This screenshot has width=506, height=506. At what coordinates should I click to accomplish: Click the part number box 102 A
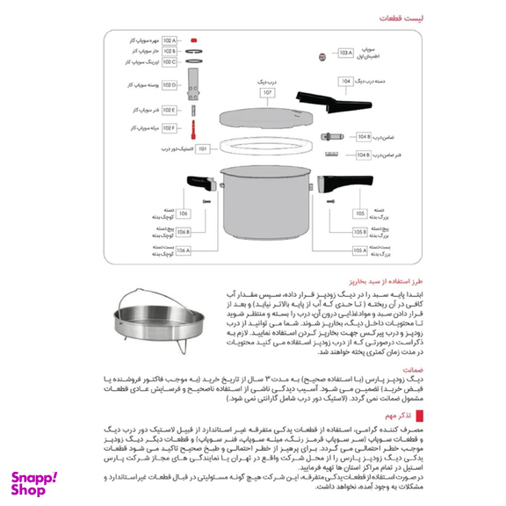[169, 41]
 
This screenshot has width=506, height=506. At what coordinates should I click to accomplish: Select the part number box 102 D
[169, 85]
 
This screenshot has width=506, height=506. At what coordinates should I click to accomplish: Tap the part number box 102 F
[169, 128]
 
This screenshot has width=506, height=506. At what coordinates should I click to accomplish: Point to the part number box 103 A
[344, 53]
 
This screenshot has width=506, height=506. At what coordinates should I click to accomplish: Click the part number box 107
[266, 92]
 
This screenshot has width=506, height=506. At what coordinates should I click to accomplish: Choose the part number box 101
[203, 149]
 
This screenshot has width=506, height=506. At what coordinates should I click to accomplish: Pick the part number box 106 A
[183, 250]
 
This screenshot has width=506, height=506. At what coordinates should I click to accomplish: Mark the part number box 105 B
[359, 232]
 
